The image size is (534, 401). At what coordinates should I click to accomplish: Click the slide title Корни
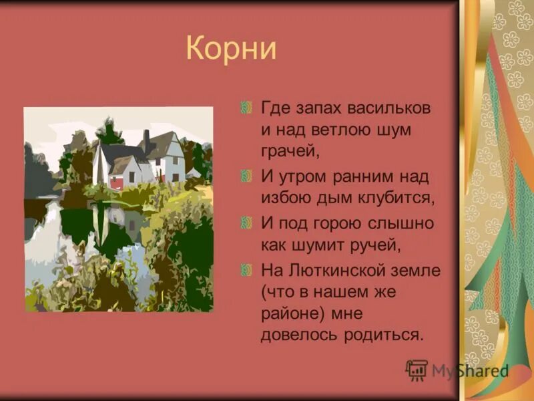(230, 50)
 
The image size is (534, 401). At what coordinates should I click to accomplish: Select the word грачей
(290, 152)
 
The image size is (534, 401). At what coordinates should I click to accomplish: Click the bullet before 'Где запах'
(246, 106)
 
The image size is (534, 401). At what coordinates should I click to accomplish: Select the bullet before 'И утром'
(246, 176)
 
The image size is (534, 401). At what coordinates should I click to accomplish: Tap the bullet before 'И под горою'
(246, 223)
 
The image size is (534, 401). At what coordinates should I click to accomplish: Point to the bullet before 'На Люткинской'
(246, 269)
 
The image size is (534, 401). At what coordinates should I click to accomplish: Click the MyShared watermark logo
(457, 370)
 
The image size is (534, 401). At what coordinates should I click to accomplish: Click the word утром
(298, 176)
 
